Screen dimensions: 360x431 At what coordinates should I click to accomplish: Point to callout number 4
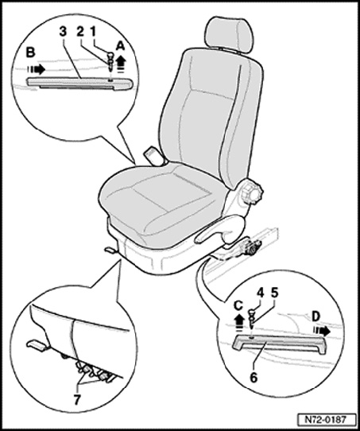[x=260, y=293]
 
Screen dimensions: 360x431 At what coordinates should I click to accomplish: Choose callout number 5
[x=274, y=293]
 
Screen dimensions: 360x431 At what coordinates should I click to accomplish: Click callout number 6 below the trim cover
[x=254, y=378]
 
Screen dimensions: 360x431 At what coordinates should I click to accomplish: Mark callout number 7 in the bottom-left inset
[x=77, y=400]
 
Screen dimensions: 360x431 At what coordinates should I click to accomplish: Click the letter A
[x=120, y=47]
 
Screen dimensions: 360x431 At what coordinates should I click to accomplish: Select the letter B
[x=30, y=52]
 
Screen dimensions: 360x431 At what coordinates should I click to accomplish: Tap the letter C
[x=238, y=305]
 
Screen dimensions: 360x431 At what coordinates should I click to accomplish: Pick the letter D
[x=315, y=317]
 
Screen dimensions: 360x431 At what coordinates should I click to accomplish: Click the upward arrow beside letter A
[x=121, y=64]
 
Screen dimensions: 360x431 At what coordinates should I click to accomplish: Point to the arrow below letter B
[x=36, y=69]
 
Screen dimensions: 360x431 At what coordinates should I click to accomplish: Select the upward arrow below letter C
[x=240, y=321]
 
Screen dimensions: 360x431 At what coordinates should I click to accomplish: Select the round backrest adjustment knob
[x=251, y=192]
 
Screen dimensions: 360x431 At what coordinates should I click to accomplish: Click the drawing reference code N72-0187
[x=326, y=420]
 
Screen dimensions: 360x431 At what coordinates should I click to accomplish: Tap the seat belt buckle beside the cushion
[x=152, y=155]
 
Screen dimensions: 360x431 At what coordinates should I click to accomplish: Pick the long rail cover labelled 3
[x=79, y=83]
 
